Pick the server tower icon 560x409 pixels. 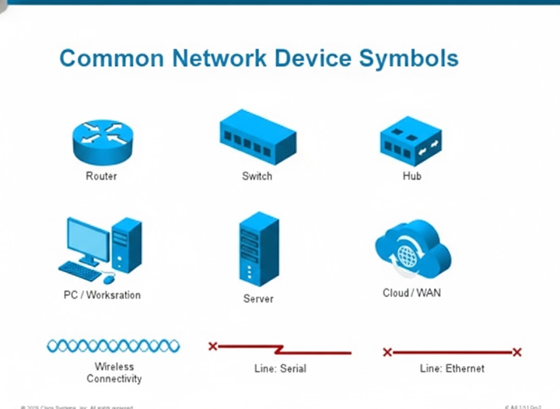click(258, 249)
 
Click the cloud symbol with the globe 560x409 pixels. click(413, 249)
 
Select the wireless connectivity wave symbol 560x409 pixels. click(113, 346)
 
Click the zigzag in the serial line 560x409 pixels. click(280, 349)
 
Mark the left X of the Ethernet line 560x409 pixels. click(387, 352)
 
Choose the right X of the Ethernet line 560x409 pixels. click(517, 352)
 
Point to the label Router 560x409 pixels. click(101, 176)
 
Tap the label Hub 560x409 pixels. click(412, 176)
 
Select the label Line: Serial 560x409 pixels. click(280, 368)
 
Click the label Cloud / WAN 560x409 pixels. click(411, 293)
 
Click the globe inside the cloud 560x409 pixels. click(406, 255)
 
